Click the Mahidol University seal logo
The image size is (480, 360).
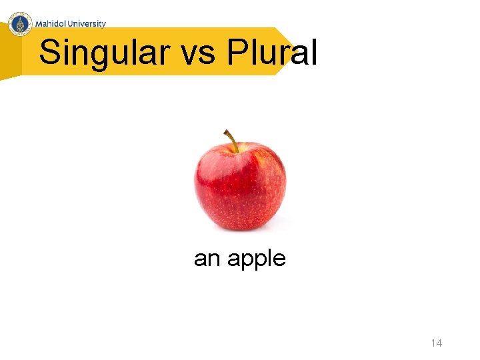[x=21, y=23]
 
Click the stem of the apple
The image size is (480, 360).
[x=232, y=140]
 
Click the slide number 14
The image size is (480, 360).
[x=436, y=343]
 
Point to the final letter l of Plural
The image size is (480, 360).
[x=313, y=52]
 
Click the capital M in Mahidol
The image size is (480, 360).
[x=39, y=23]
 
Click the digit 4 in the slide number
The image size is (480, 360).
[x=439, y=343]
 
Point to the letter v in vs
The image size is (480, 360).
[x=191, y=55]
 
